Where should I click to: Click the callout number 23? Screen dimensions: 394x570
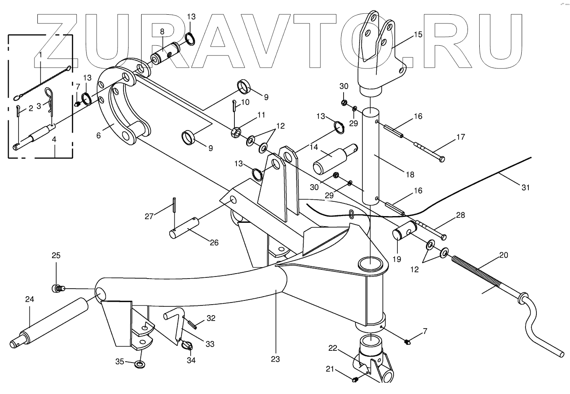click(276, 359)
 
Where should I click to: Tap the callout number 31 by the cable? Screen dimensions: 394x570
click(525, 188)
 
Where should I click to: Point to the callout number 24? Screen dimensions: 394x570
click(29, 300)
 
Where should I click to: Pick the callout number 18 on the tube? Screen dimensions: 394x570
click(410, 174)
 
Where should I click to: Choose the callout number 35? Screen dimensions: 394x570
click(120, 361)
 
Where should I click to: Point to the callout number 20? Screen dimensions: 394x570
click(504, 255)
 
